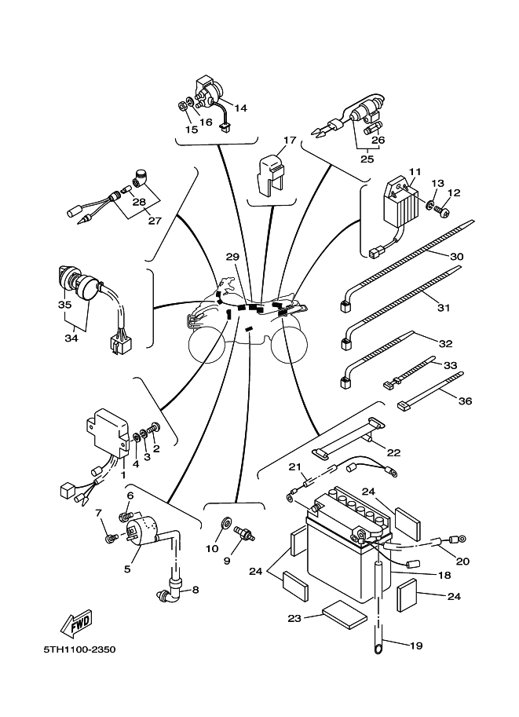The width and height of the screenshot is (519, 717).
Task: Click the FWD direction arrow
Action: [x=77, y=624]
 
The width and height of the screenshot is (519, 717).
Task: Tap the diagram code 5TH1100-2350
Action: [x=79, y=649]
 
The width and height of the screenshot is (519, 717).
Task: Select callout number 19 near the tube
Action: [x=416, y=646]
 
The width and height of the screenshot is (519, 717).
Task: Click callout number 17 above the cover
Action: [x=290, y=140]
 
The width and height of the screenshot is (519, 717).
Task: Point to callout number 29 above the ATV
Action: [x=232, y=257]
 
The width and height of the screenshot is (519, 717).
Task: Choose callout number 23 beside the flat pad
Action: [x=295, y=618]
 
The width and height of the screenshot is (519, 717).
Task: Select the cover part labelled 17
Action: [x=272, y=176]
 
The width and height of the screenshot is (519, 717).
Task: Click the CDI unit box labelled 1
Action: [x=108, y=432]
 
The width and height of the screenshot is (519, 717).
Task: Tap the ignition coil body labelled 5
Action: [x=142, y=530]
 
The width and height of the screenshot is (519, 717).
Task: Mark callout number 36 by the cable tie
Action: [x=465, y=401]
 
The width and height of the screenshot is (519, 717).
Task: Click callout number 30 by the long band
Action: [x=456, y=257]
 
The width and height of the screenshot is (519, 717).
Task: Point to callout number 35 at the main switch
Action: [x=65, y=305]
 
